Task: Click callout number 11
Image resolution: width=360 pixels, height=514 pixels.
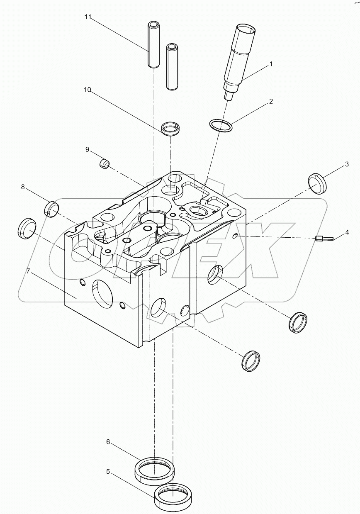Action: (x=88, y=17)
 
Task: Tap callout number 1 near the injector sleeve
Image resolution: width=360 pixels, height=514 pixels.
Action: (x=271, y=64)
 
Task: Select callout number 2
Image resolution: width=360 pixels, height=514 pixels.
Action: (x=271, y=101)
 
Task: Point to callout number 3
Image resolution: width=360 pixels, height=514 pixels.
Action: (x=346, y=164)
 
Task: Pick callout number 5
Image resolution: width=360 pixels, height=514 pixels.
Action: (x=108, y=471)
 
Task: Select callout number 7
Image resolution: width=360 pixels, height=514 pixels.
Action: (x=28, y=271)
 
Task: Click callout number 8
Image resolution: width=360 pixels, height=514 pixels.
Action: (x=23, y=188)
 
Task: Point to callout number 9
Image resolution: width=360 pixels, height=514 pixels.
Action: (x=87, y=149)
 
